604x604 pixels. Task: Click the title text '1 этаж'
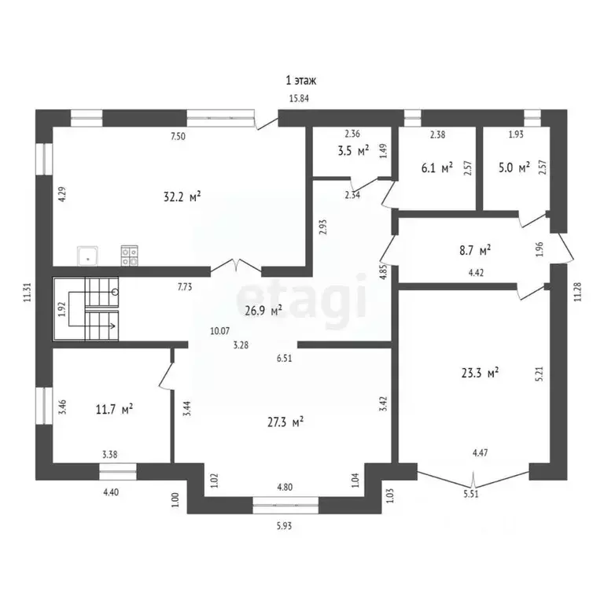point(301,80)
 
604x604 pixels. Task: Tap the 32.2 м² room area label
point(180,197)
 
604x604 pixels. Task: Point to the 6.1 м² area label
point(436,168)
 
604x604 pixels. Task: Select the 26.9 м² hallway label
point(263,311)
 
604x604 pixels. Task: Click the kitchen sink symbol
point(87,255)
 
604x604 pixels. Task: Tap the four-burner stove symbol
point(129,255)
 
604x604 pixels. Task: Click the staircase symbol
point(87,309)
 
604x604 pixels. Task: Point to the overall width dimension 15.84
point(298,98)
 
